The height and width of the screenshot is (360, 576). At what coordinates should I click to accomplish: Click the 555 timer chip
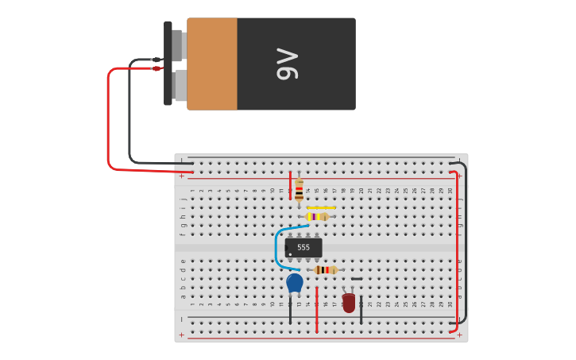tap(303, 248)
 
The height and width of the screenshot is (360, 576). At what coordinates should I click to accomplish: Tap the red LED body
tap(349, 303)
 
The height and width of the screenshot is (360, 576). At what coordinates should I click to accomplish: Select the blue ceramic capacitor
tap(295, 282)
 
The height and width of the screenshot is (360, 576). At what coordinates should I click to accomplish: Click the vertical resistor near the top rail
tap(299, 190)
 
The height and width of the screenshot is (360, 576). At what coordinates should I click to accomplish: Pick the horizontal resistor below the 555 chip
tap(325, 270)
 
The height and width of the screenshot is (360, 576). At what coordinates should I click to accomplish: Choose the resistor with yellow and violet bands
tap(317, 216)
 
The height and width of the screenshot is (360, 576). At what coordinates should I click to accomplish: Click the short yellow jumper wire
tap(321, 207)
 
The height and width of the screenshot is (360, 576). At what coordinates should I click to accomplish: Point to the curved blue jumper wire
tap(277, 246)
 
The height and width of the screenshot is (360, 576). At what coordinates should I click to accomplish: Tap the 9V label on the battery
tap(287, 64)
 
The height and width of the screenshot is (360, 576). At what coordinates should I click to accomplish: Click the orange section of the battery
tap(212, 64)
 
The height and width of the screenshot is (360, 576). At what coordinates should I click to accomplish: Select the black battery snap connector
tap(168, 64)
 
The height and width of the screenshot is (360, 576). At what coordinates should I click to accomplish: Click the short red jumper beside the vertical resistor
tap(290, 185)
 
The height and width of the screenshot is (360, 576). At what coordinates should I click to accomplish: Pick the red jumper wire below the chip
tap(316, 310)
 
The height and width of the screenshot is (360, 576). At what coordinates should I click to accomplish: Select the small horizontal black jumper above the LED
tap(356, 279)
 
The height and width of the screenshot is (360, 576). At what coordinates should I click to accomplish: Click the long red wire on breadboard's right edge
tap(458, 246)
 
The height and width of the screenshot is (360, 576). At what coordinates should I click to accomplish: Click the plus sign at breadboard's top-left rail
tap(181, 176)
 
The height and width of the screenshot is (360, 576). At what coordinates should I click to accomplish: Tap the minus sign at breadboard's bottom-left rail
tap(181, 319)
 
